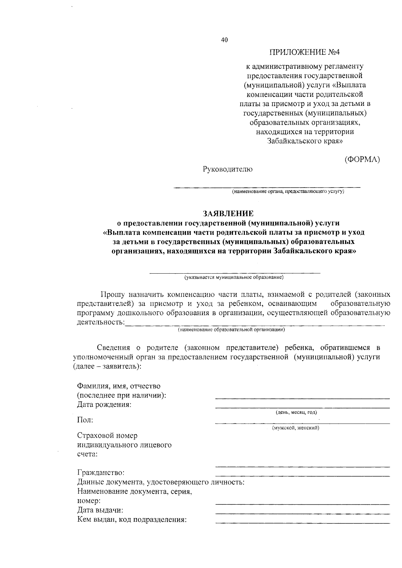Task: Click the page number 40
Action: click(x=224, y=40)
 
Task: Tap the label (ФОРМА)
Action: click(x=362, y=160)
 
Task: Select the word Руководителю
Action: click(x=227, y=169)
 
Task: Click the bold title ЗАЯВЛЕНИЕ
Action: click(x=228, y=214)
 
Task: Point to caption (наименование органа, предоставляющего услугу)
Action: click(x=288, y=192)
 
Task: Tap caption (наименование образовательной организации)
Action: click(x=231, y=330)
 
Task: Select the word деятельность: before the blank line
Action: click(x=100, y=323)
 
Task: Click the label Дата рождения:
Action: click(x=104, y=405)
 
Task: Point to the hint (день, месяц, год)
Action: click(x=296, y=412)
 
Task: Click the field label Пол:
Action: click(x=85, y=420)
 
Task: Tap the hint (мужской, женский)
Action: click(x=295, y=428)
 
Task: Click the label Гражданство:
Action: click(x=100, y=473)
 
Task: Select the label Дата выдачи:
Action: click(x=100, y=510)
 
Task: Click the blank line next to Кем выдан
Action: click(x=302, y=522)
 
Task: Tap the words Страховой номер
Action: click(x=107, y=436)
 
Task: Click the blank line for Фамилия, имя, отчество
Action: click(x=302, y=398)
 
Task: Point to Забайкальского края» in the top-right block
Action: click(x=305, y=141)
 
